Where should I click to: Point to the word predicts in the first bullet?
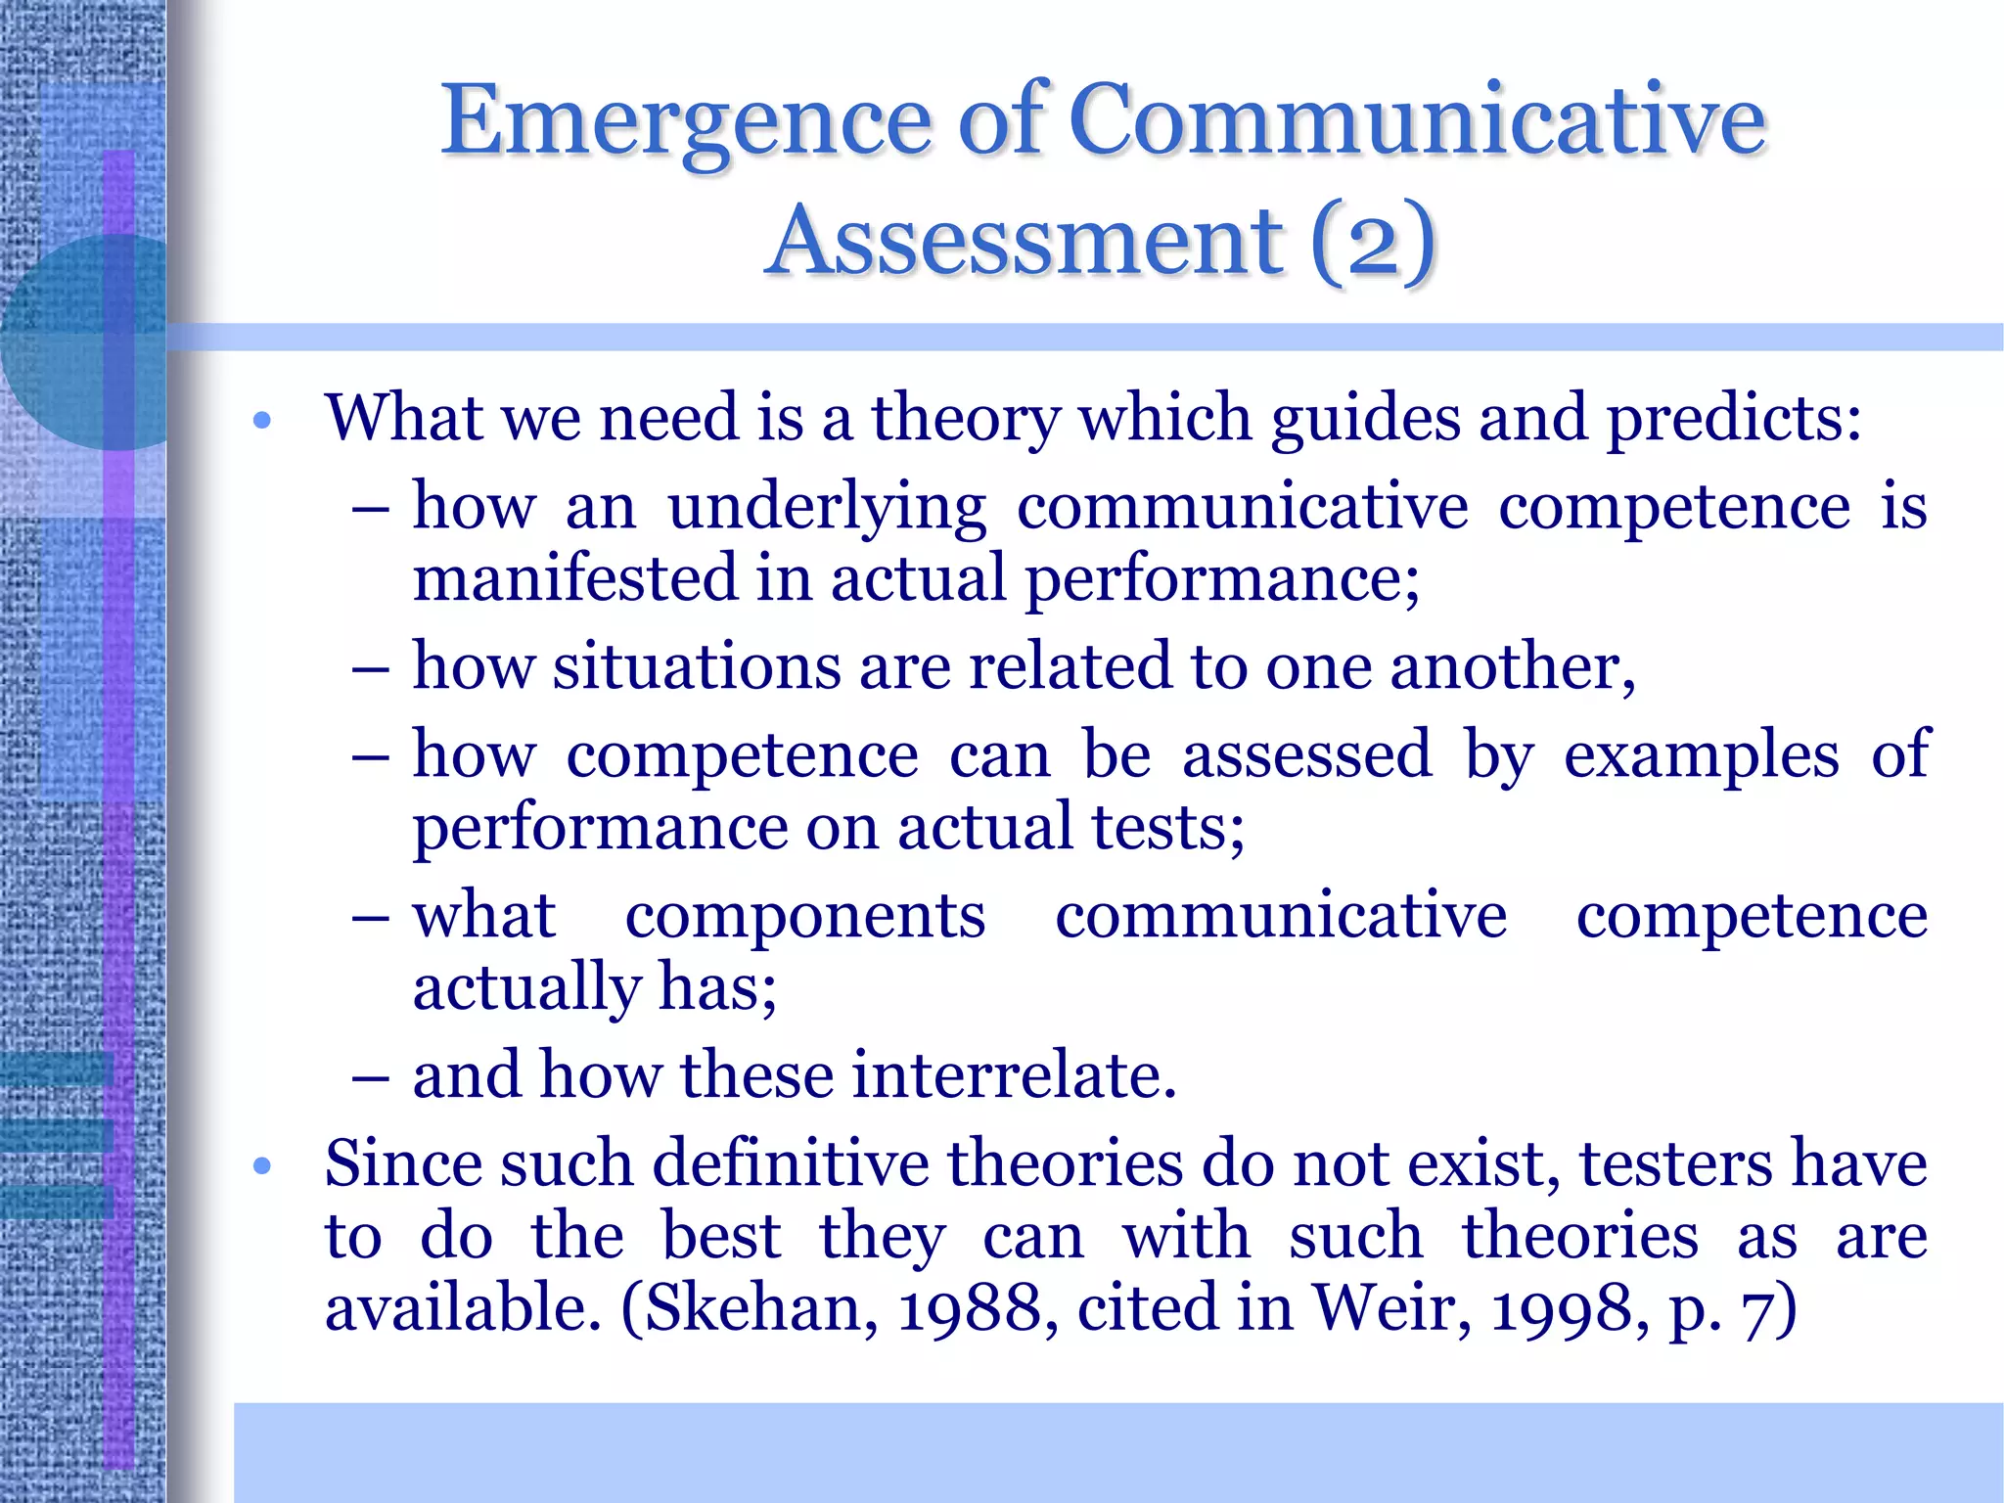[x=1733, y=419]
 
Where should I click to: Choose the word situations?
[x=696, y=667]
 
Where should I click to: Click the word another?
[x=1512, y=667]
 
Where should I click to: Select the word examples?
[x=1701, y=755]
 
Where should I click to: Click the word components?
[x=804, y=917]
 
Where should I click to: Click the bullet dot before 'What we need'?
[x=260, y=422]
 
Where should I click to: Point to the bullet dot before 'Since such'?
[x=260, y=1166]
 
